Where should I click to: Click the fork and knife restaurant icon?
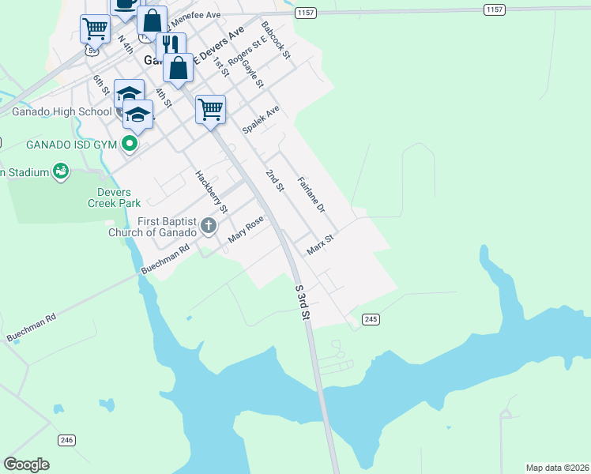171,44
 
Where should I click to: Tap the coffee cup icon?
124,4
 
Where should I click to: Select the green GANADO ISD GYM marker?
128,145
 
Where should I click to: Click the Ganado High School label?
62,111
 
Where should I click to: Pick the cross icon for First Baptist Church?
209,227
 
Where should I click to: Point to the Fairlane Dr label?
311,195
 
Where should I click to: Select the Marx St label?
322,244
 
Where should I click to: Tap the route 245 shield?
371,318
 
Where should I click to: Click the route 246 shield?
66,439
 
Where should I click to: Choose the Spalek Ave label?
262,120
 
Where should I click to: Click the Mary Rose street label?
245,230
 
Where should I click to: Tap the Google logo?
26,465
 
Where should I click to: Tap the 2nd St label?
274,180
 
